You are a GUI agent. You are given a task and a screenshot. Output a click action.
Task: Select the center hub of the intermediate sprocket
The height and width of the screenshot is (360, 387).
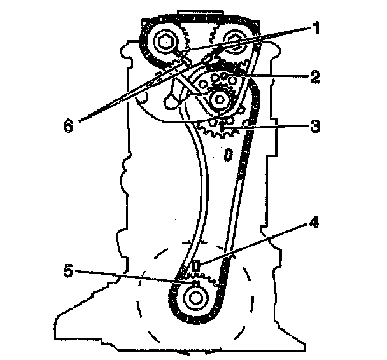[220, 99]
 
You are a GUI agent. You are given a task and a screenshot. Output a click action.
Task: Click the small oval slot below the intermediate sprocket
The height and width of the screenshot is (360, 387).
[227, 155]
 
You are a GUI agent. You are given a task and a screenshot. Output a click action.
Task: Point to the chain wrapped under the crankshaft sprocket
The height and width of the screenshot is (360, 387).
[197, 319]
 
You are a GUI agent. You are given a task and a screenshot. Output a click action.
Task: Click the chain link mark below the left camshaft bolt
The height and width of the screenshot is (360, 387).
[184, 60]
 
